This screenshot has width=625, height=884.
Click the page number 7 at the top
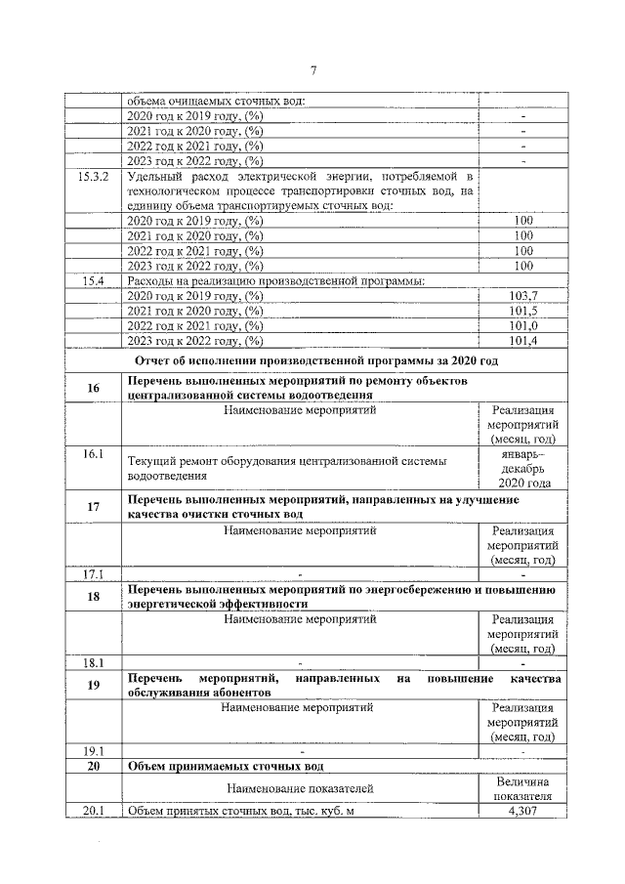(313, 69)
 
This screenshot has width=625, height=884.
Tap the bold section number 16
(94, 388)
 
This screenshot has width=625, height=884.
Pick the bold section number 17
(94, 506)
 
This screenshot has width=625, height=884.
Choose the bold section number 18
(94, 597)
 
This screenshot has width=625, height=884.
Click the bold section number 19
(94, 685)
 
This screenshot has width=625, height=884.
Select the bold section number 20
(94, 766)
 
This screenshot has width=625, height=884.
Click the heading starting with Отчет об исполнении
(315, 360)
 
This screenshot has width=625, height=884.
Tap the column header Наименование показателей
(299, 788)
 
